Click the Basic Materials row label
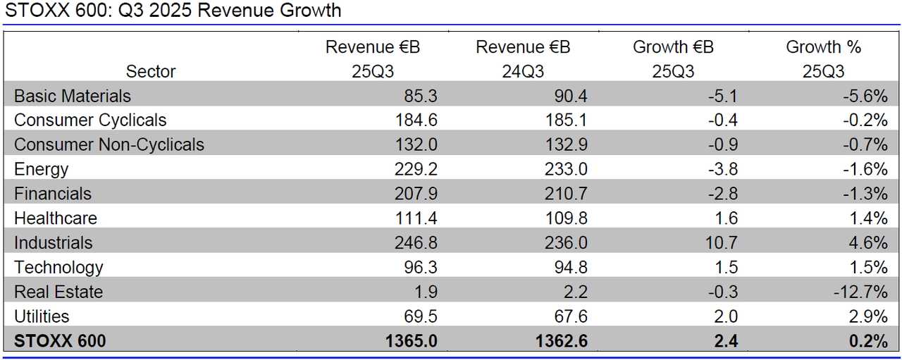point(73,96)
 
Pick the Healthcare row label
point(56,218)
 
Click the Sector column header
point(151,71)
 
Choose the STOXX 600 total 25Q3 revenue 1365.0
point(412,342)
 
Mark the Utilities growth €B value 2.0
point(726,317)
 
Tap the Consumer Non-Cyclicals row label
point(109,145)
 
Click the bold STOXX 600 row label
point(60,342)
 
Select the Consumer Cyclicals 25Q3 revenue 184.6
point(415,120)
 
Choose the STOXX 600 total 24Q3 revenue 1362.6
point(562,342)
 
